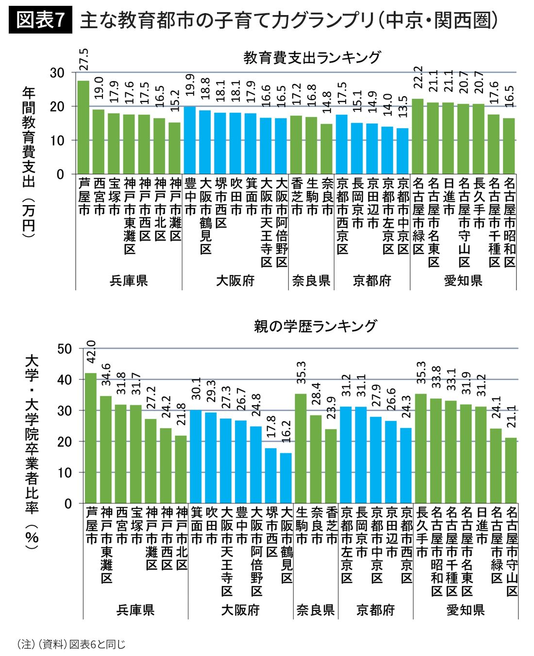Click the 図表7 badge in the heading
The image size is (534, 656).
pyautogui.click(x=40, y=20)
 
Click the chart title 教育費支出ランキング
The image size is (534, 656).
pyautogui.click(x=312, y=57)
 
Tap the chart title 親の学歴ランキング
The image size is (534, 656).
pyautogui.click(x=315, y=326)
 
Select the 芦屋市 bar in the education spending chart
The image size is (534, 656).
pyautogui.click(x=83, y=127)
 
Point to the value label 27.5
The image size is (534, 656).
pyautogui.click(x=83, y=59)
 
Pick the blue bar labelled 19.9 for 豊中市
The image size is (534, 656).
pyautogui.click(x=190, y=140)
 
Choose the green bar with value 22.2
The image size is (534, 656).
pyautogui.click(x=417, y=136)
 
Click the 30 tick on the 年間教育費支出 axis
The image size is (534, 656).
pyautogui.click(x=57, y=73)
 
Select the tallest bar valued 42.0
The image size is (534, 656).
pyautogui.click(x=91, y=438)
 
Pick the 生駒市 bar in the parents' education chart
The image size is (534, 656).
pyautogui.click(x=301, y=448)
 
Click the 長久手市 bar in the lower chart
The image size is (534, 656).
pyautogui.click(x=421, y=448)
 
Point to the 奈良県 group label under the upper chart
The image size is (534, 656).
pyautogui.click(x=311, y=280)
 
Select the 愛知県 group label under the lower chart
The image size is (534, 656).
pyautogui.click(x=466, y=610)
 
